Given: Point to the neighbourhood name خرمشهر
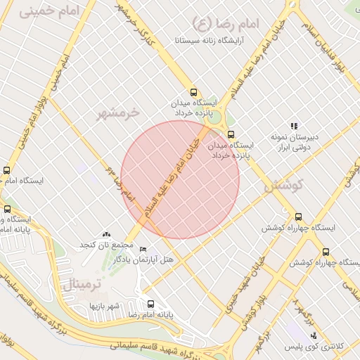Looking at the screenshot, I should pos(118,112).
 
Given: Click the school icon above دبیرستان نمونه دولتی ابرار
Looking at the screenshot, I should pos(294,126).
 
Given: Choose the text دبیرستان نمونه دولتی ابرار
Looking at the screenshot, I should pos(295,142).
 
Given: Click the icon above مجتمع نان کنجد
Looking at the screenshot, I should pos(106,234).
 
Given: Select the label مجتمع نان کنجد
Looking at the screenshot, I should pos(106,245).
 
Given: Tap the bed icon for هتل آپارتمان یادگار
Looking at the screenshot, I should pos(143,250).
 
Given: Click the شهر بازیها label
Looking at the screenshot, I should pos(105,307).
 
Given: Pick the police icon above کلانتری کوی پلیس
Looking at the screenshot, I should pos(313,335).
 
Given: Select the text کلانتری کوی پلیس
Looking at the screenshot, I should pos(313,347).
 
